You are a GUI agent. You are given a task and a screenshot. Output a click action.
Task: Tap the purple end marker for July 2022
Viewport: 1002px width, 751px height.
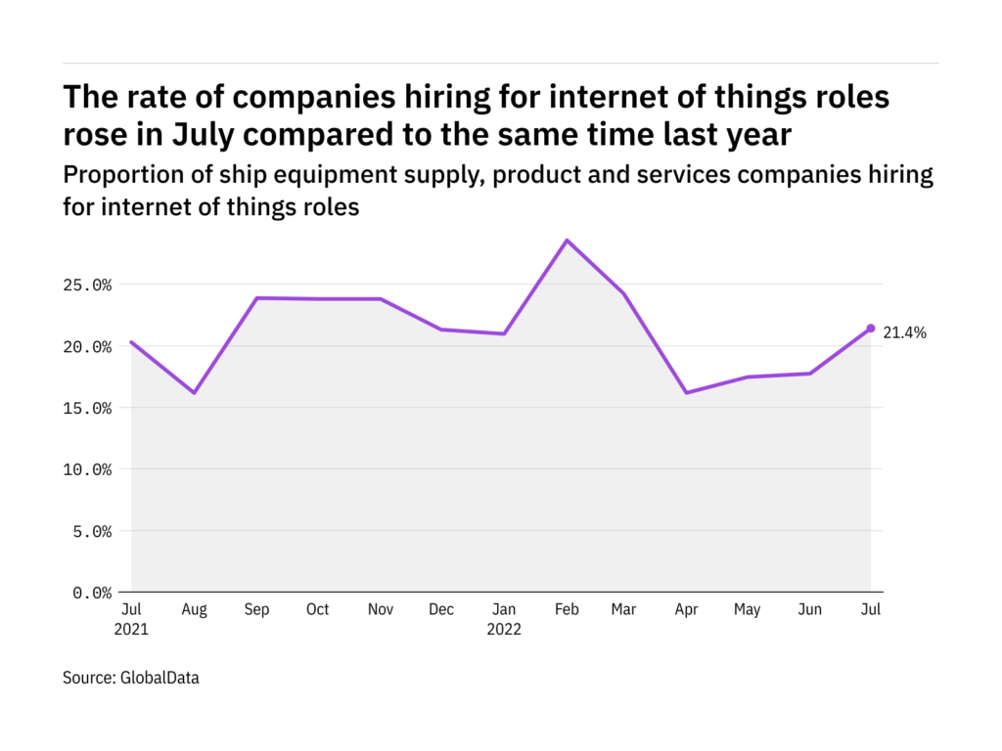(871, 329)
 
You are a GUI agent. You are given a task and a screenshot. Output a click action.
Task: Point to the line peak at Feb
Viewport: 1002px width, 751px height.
(567, 241)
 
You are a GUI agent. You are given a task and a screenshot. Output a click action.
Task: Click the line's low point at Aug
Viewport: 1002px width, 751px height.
(194, 393)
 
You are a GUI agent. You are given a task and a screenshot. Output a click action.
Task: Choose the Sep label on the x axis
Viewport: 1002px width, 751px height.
(255, 610)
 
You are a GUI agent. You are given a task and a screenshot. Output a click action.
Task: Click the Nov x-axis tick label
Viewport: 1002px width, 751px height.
(381, 610)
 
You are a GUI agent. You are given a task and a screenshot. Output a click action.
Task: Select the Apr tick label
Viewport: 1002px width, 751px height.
(686, 610)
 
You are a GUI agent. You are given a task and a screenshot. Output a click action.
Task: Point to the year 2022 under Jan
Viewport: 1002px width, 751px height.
(504, 630)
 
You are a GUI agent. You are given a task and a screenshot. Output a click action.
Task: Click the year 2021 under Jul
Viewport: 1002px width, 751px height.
(131, 630)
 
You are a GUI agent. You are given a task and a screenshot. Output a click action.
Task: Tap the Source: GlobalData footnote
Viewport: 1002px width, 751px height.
(131, 677)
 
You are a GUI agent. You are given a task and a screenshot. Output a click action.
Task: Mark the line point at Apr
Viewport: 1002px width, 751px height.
(686, 393)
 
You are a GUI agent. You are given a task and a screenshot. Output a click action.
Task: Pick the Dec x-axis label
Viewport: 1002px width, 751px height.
(441, 610)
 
